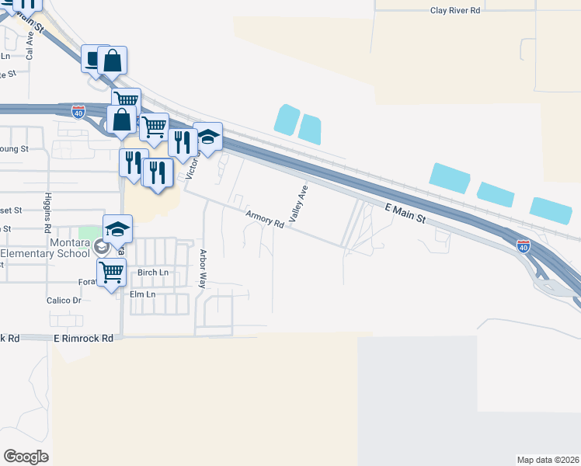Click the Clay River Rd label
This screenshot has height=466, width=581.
(x=456, y=11)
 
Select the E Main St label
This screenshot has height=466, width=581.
(x=405, y=212)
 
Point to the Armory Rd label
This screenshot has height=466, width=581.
(x=264, y=218)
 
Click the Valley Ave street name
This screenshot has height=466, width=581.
(x=299, y=204)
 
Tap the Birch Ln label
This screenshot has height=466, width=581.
(x=152, y=273)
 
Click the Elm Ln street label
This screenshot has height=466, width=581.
(x=142, y=294)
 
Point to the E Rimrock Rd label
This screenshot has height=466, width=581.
(x=84, y=339)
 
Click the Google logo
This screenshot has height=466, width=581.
(x=26, y=456)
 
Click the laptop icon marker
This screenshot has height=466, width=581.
(x=94, y=60)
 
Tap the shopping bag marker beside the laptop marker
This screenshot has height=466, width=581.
(x=113, y=60)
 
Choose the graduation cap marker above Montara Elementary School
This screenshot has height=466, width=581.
(x=117, y=228)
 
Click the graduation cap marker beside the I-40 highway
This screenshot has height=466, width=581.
(x=207, y=136)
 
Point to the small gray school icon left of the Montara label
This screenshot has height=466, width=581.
(x=100, y=247)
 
